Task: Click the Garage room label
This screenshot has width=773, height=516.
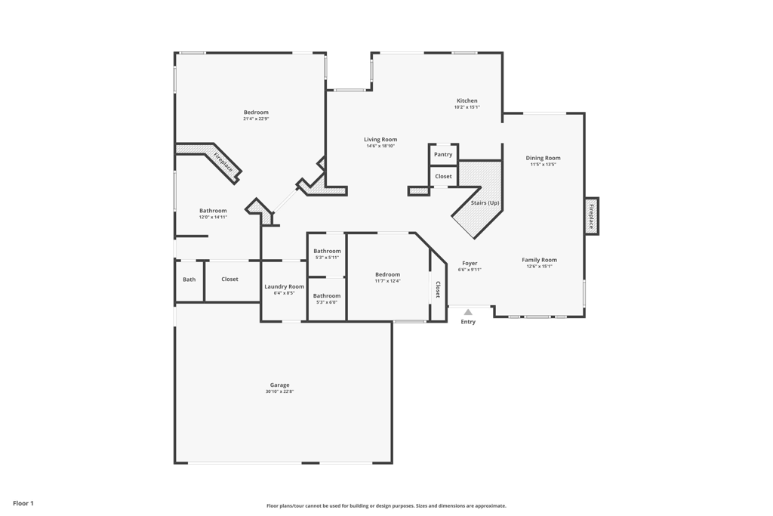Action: pyautogui.click(x=279, y=385)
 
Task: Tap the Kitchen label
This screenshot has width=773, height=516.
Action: pyautogui.click(x=467, y=100)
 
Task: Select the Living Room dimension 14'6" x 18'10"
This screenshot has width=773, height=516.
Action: pyautogui.click(x=380, y=146)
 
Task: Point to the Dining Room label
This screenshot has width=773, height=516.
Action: pyautogui.click(x=543, y=158)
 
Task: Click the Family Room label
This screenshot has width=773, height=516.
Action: pyautogui.click(x=539, y=260)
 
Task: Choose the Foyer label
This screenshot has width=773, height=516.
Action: pyautogui.click(x=470, y=263)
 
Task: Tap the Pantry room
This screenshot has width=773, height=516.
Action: pyautogui.click(x=443, y=154)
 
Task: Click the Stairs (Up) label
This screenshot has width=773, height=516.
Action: pyautogui.click(x=485, y=202)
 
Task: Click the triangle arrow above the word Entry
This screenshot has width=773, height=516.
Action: pyautogui.click(x=468, y=312)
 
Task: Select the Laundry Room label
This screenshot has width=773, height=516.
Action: pyautogui.click(x=284, y=286)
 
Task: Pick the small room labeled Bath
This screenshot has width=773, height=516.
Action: pyautogui.click(x=189, y=280)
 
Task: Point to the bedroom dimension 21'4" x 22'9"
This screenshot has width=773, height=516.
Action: pyautogui.click(x=256, y=119)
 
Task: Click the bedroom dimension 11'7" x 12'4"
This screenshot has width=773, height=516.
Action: pyautogui.click(x=387, y=281)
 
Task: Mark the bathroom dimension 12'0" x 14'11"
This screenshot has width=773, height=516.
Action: pyautogui.click(x=213, y=217)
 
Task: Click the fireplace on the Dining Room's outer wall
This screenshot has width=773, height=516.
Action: pyautogui.click(x=591, y=216)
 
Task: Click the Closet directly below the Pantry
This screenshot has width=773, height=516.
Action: pyautogui.click(x=443, y=176)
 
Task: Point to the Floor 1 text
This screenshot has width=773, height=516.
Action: pyautogui.click(x=23, y=503)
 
